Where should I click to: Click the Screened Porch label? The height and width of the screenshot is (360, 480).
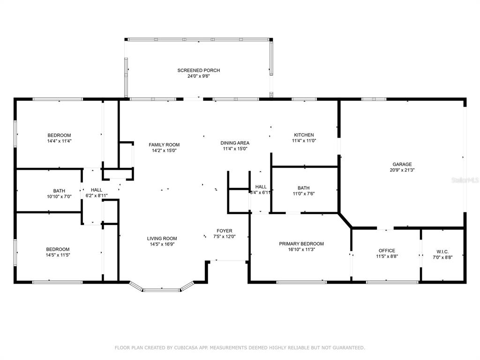pyautogui.click(x=198, y=70)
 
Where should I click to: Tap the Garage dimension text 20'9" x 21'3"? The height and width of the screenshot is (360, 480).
pyautogui.click(x=402, y=170)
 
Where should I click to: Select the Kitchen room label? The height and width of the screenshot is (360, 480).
pyautogui.click(x=303, y=135)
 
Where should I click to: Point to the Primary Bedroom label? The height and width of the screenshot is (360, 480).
pyautogui.click(x=301, y=244)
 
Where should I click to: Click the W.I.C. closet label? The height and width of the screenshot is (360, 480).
pyautogui.click(x=443, y=251)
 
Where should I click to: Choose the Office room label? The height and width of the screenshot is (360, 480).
pyautogui.click(x=387, y=251)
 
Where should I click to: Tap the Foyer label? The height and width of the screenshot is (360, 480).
pyautogui.click(x=224, y=231)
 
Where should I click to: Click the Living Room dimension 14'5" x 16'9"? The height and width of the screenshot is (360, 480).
pyautogui.click(x=162, y=244)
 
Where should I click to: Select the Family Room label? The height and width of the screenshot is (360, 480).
pyautogui.click(x=164, y=145)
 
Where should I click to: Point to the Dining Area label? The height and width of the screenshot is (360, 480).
pyautogui.click(x=235, y=143)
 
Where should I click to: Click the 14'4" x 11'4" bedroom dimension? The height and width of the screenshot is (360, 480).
pyautogui.click(x=59, y=141)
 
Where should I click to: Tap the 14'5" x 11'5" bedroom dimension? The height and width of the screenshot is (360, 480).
pyautogui.click(x=58, y=255)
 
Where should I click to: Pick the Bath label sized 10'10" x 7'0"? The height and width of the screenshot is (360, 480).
pyautogui.click(x=59, y=191)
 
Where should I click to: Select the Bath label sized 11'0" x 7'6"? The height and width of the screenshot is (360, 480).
pyautogui.click(x=303, y=187)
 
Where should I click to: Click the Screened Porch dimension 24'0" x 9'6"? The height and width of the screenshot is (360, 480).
pyautogui.click(x=198, y=76)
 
